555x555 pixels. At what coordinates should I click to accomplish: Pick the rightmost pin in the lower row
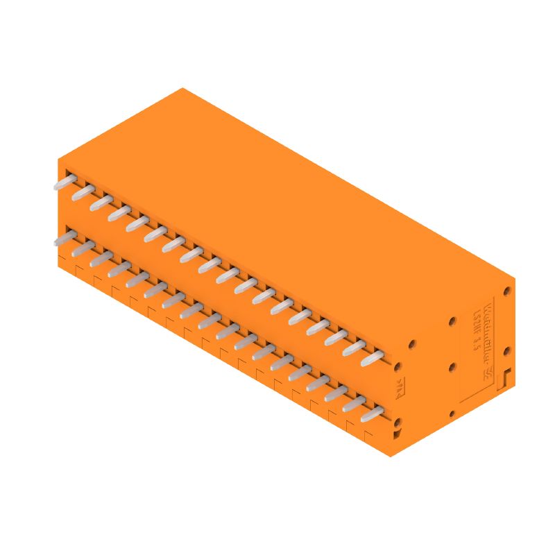[x=373, y=414]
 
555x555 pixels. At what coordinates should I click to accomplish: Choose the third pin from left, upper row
[x=101, y=202]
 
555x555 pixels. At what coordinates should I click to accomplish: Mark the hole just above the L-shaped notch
[x=507, y=352]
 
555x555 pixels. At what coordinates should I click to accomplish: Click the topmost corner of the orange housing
[x=182, y=88]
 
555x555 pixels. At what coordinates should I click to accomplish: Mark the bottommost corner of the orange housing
[x=390, y=456]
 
